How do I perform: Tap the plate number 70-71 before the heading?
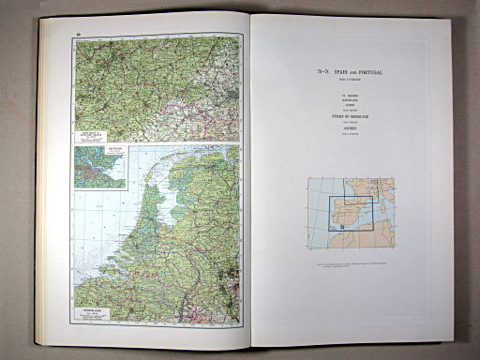pyautogui.click(x=324, y=72)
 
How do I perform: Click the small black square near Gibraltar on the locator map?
pyautogui.click(x=340, y=226)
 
